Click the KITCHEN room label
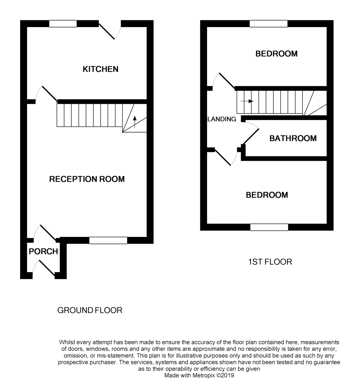[x=100, y=69]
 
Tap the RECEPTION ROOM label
[x=87, y=179]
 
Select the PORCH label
[x=43, y=251]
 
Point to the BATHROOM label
[x=293, y=138]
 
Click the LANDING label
[x=222, y=119]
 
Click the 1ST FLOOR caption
[x=270, y=262]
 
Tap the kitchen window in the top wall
[x=63, y=23]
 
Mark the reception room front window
[x=108, y=240]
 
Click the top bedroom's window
[x=269, y=23]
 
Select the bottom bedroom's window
[x=269, y=227]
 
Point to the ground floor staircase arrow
[x=135, y=122]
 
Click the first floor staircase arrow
[x=247, y=101]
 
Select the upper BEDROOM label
[x=277, y=54]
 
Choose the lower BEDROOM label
[x=267, y=195]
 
